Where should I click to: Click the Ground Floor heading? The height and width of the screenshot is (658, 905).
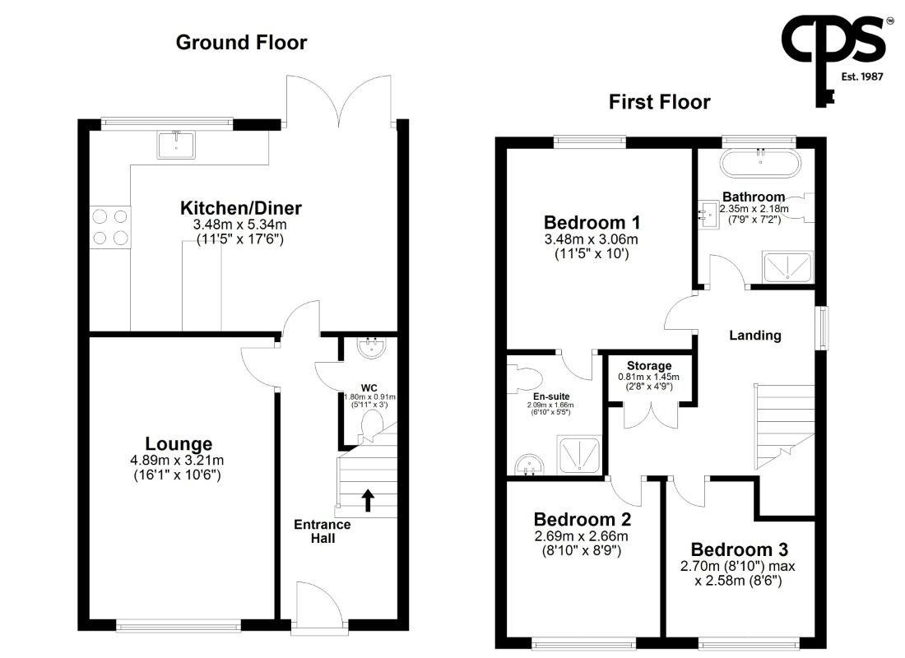pyautogui.click(x=241, y=42)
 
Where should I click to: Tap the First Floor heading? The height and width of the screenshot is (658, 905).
pyautogui.click(x=660, y=102)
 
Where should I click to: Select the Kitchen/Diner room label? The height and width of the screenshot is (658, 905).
pyautogui.click(x=241, y=208)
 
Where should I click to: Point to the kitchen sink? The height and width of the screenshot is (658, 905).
pyautogui.click(x=176, y=145)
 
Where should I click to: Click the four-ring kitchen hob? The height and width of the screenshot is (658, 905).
pyautogui.click(x=110, y=227)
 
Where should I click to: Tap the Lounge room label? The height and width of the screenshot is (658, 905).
pyautogui.click(x=179, y=443)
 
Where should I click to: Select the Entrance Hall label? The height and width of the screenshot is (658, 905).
pyautogui.click(x=323, y=531)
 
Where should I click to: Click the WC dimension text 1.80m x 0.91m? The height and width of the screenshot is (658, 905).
pyautogui.click(x=370, y=397)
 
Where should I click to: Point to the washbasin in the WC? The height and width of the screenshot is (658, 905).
pyautogui.click(x=372, y=348)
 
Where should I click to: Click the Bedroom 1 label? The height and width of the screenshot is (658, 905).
pyautogui.click(x=592, y=222)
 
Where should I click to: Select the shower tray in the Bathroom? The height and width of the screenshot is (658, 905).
pyautogui.click(x=788, y=266)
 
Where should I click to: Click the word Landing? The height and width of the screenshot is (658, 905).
pyautogui.click(x=755, y=336)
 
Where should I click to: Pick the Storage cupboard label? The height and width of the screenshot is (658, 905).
pyautogui.click(x=649, y=365)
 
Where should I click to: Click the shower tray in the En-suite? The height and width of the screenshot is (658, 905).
pyautogui.click(x=579, y=456)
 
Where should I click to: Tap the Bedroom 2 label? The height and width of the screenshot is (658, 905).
pyautogui.click(x=582, y=520)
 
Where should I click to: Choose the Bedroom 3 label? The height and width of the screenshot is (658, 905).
pyautogui.click(x=740, y=549)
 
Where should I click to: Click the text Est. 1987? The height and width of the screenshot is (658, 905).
pyautogui.click(x=862, y=76)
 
